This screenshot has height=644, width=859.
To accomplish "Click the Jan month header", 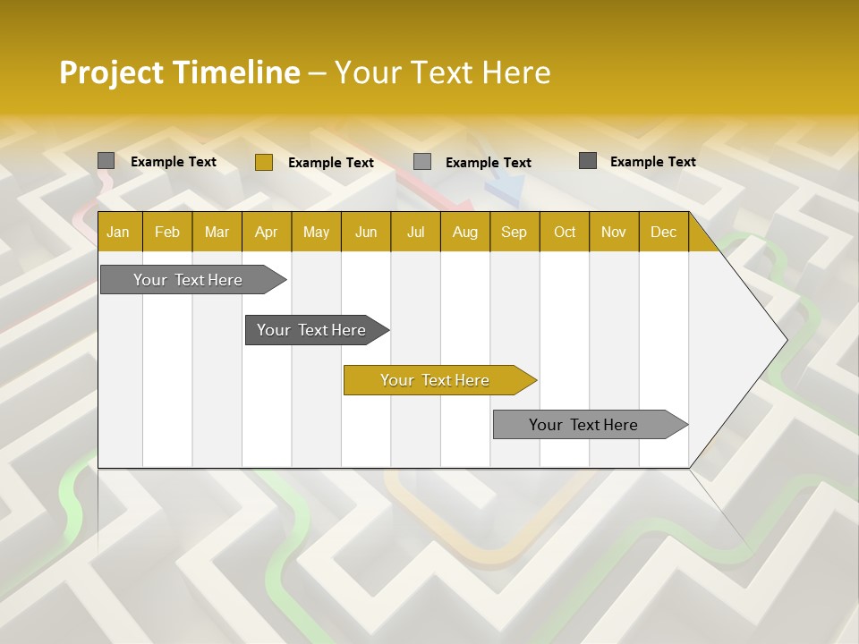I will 118,232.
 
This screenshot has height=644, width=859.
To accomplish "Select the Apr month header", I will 266,232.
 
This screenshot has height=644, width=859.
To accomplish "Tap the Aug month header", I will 464,232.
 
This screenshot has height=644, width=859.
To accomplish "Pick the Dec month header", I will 663,232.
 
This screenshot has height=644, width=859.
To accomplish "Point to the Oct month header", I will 564,232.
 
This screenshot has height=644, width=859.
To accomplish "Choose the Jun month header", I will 365,232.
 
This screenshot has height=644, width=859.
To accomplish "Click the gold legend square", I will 263,162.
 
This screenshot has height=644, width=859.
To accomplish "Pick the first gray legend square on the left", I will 106,161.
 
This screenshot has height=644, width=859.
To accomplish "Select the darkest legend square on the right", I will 587,161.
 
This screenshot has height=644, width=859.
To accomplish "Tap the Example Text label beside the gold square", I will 330,163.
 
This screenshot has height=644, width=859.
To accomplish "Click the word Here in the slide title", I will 516,72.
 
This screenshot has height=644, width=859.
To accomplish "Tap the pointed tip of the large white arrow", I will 786,339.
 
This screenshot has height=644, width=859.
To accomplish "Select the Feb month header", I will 167,232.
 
